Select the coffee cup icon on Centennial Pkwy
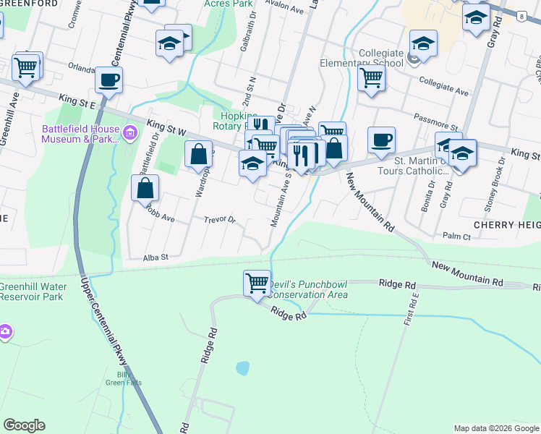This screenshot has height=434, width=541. click(x=108, y=80)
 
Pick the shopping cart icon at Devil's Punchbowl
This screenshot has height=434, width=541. click(x=257, y=283)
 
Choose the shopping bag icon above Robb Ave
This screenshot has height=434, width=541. click(x=145, y=188)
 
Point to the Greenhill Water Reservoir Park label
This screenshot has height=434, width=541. click(x=33, y=292)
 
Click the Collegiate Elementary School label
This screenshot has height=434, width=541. click(x=361, y=58)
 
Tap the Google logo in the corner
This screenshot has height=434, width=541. click(x=24, y=425)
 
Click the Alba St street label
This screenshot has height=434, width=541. click(x=156, y=257)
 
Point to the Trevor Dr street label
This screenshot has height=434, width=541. click(x=220, y=219)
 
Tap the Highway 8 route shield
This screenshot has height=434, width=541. click(x=521, y=15)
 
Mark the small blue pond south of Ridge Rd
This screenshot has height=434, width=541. click(x=242, y=367)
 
